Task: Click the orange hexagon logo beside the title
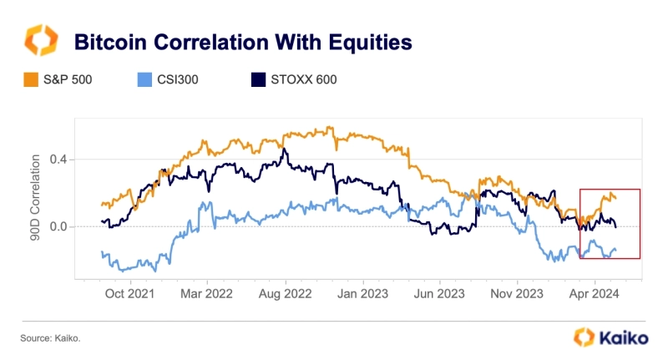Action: coord(42,41)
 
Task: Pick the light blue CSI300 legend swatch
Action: coord(142,81)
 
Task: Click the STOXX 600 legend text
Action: coord(306,81)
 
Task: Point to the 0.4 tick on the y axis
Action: coord(58,160)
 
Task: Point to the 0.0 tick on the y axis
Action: coord(58,226)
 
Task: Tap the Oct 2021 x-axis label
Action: coord(131,293)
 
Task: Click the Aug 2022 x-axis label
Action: coord(286,293)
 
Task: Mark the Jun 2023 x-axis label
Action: coord(439,293)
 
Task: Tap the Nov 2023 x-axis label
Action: coord(517,293)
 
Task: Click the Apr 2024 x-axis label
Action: coord(594,293)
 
